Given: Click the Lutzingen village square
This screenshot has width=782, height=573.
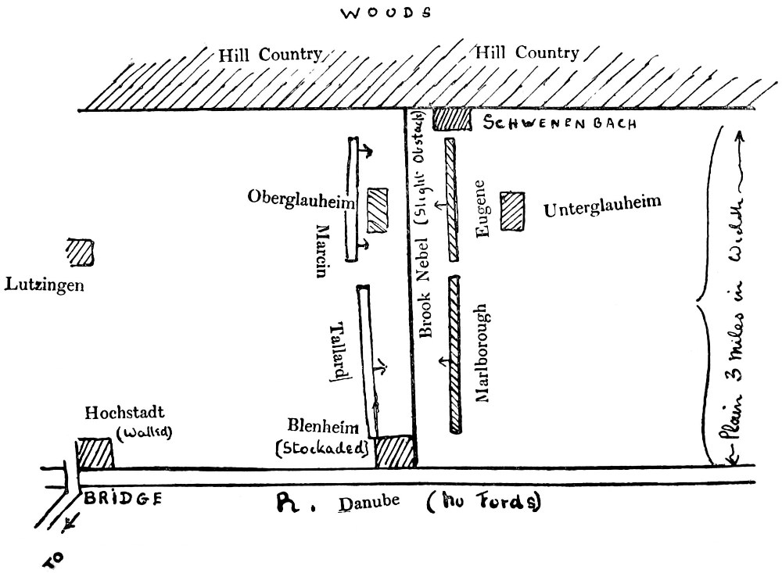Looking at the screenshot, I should pyautogui.click(x=80, y=252).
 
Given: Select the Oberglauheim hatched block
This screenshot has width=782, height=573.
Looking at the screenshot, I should pyautogui.click(x=378, y=209).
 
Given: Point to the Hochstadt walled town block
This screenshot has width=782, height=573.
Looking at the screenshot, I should pyautogui.click(x=95, y=454).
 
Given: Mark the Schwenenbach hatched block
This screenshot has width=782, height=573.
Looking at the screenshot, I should pyautogui.click(x=451, y=120).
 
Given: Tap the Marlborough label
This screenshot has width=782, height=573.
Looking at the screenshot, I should pyautogui.click(x=482, y=353).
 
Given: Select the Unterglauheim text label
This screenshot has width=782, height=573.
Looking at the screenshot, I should pyautogui.click(x=602, y=208).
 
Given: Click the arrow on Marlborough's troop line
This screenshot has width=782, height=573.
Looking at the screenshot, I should pyautogui.click(x=446, y=360).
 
